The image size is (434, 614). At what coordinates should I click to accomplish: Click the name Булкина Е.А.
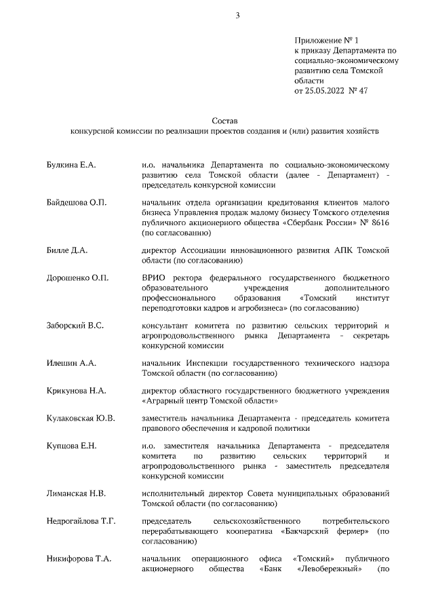coord(71,164)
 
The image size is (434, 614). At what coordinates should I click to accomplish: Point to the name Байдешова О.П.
coord(77,203)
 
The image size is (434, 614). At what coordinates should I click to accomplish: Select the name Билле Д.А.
coord(67,250)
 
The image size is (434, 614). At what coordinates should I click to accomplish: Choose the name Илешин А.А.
coord(71,364)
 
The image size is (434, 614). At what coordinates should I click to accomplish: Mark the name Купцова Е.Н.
coord(71,445)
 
